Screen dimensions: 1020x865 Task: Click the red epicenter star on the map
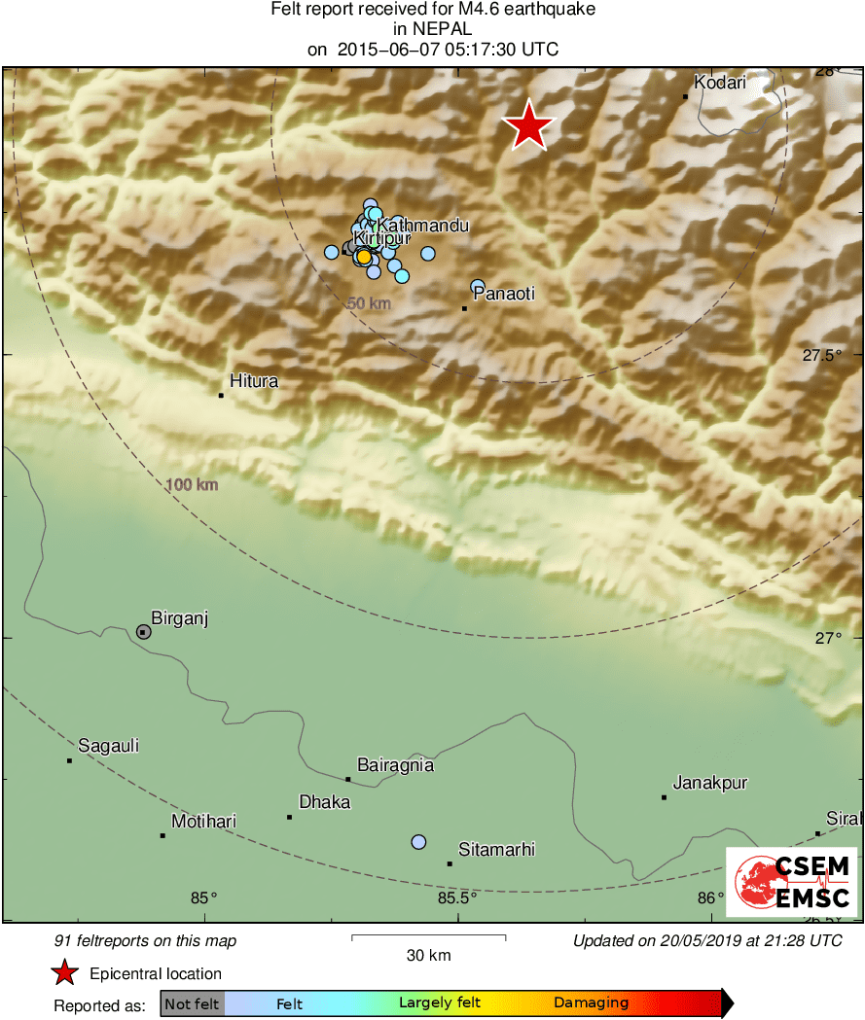point(527,126)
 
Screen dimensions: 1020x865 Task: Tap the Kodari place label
point(720,83)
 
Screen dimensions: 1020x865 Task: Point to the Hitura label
point(253,381)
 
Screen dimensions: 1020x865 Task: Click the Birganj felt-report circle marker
point(143,632)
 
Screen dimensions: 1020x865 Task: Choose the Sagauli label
point(108,746)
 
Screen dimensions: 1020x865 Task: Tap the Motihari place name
point(203,822)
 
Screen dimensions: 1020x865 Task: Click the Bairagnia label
point(395,765)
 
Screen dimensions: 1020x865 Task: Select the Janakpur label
point(710,783)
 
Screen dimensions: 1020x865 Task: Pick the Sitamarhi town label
point(496,850)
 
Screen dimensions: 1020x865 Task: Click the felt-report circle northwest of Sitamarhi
point(418,841)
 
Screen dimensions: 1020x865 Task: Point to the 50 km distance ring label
point(369,303)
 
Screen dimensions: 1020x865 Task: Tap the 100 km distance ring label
point(191,484)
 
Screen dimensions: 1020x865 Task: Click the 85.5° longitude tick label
point(456,897)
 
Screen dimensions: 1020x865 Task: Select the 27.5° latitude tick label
point(822,356)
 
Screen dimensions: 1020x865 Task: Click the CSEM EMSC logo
point(791,881)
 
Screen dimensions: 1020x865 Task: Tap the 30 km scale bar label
point(428,956)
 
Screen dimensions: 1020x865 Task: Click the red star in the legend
point(64,973)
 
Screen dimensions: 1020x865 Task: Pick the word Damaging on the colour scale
point(591,1002)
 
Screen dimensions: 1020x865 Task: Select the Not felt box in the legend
point(192,1002)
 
